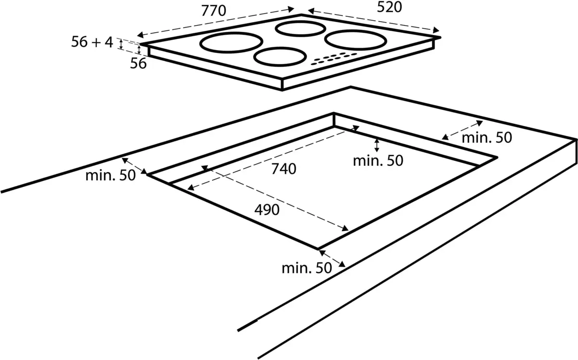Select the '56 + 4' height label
coord(92,42)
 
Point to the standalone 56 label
coord(138,63)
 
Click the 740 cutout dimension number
coord(284,169)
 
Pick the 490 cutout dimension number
coord(267,210)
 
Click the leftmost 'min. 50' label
coord(111,175)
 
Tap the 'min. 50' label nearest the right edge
coord(487,138)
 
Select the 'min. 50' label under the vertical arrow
coord(378,160)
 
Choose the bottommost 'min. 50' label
coord(307,268)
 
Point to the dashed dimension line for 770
coord(215,21)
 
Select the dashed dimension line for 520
coord(373,19)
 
